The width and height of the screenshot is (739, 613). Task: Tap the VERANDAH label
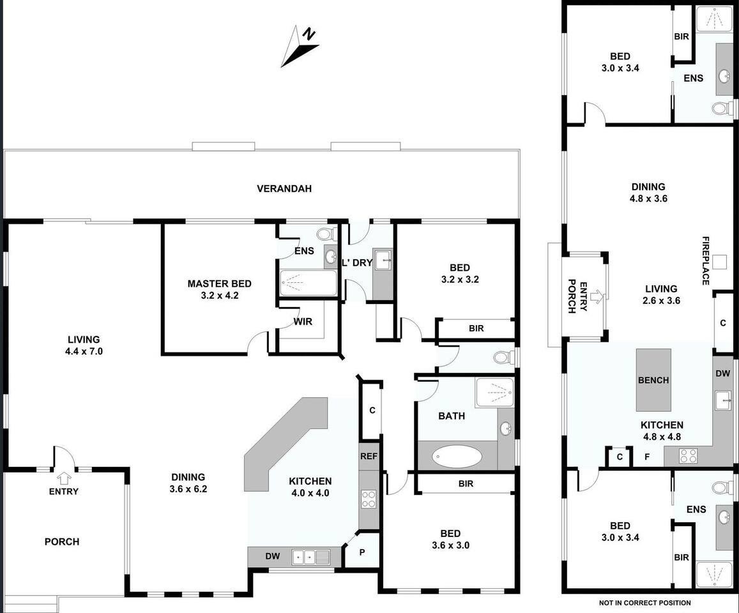click(284, 188)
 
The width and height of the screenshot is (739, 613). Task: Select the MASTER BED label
click(219, 284)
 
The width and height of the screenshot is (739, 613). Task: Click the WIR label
click(303, 321)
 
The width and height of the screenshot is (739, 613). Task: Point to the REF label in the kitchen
click(369, 456)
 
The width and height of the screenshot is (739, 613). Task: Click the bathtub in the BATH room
click(457, 457)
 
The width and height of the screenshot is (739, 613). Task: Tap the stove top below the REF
click(369, 499)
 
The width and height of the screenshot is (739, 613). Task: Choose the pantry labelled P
click(362, 552)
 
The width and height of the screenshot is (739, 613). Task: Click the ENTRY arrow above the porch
click(64, 479)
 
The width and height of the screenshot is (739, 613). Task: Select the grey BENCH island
click(653, 380)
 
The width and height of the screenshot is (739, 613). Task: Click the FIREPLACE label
click(706, 261)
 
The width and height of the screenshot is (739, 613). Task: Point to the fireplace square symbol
click(719, 262)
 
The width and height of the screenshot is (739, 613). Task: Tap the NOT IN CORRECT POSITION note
click(644, 603)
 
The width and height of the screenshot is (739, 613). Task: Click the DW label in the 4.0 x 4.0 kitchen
click(272, 556)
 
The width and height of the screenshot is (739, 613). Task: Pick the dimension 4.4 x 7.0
click(84, 351)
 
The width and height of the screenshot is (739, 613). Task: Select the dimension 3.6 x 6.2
click(188, 488)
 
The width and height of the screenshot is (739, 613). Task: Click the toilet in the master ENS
click(326, 234)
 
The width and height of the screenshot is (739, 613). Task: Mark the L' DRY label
click(357, 263)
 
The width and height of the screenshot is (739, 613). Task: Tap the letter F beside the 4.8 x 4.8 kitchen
click(647, 457)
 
